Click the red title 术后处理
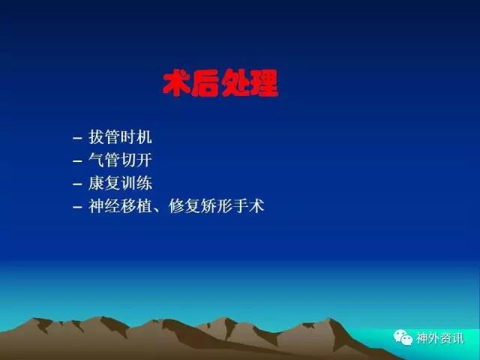pos(220,83)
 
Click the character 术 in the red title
pos(176,83)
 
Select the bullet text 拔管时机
pos(120,136)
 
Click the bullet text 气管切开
pos(120,160)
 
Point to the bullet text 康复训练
pos(120,183)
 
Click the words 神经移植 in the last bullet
pos(120,206)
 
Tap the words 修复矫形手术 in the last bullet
pos(216,206)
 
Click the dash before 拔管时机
pos(77,138)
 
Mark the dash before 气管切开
pos(77,161)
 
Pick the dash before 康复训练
pos(77,184)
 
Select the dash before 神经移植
pos(77,207)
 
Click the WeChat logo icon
pos(403,337)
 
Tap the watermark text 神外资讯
pos(439,338)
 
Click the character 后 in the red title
pos(205,83)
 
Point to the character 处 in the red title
pos(235,83)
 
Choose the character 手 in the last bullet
pos(240,206)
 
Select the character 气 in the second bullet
pos(96,160)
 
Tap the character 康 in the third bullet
pos(96,183)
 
